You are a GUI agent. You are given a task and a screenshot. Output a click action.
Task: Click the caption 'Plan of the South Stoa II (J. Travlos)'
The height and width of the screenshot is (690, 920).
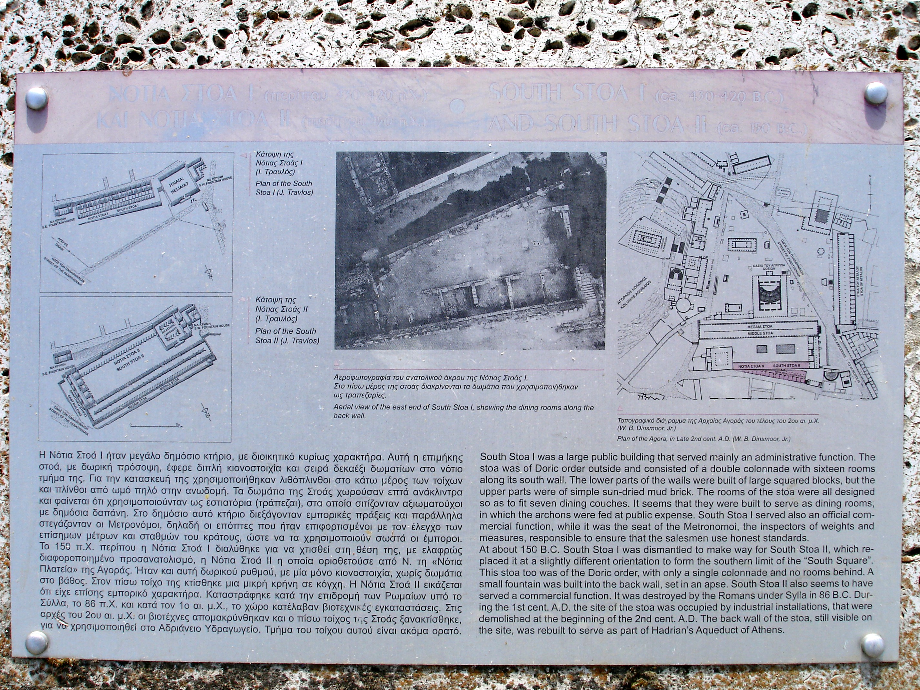(x=287, y=336)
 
